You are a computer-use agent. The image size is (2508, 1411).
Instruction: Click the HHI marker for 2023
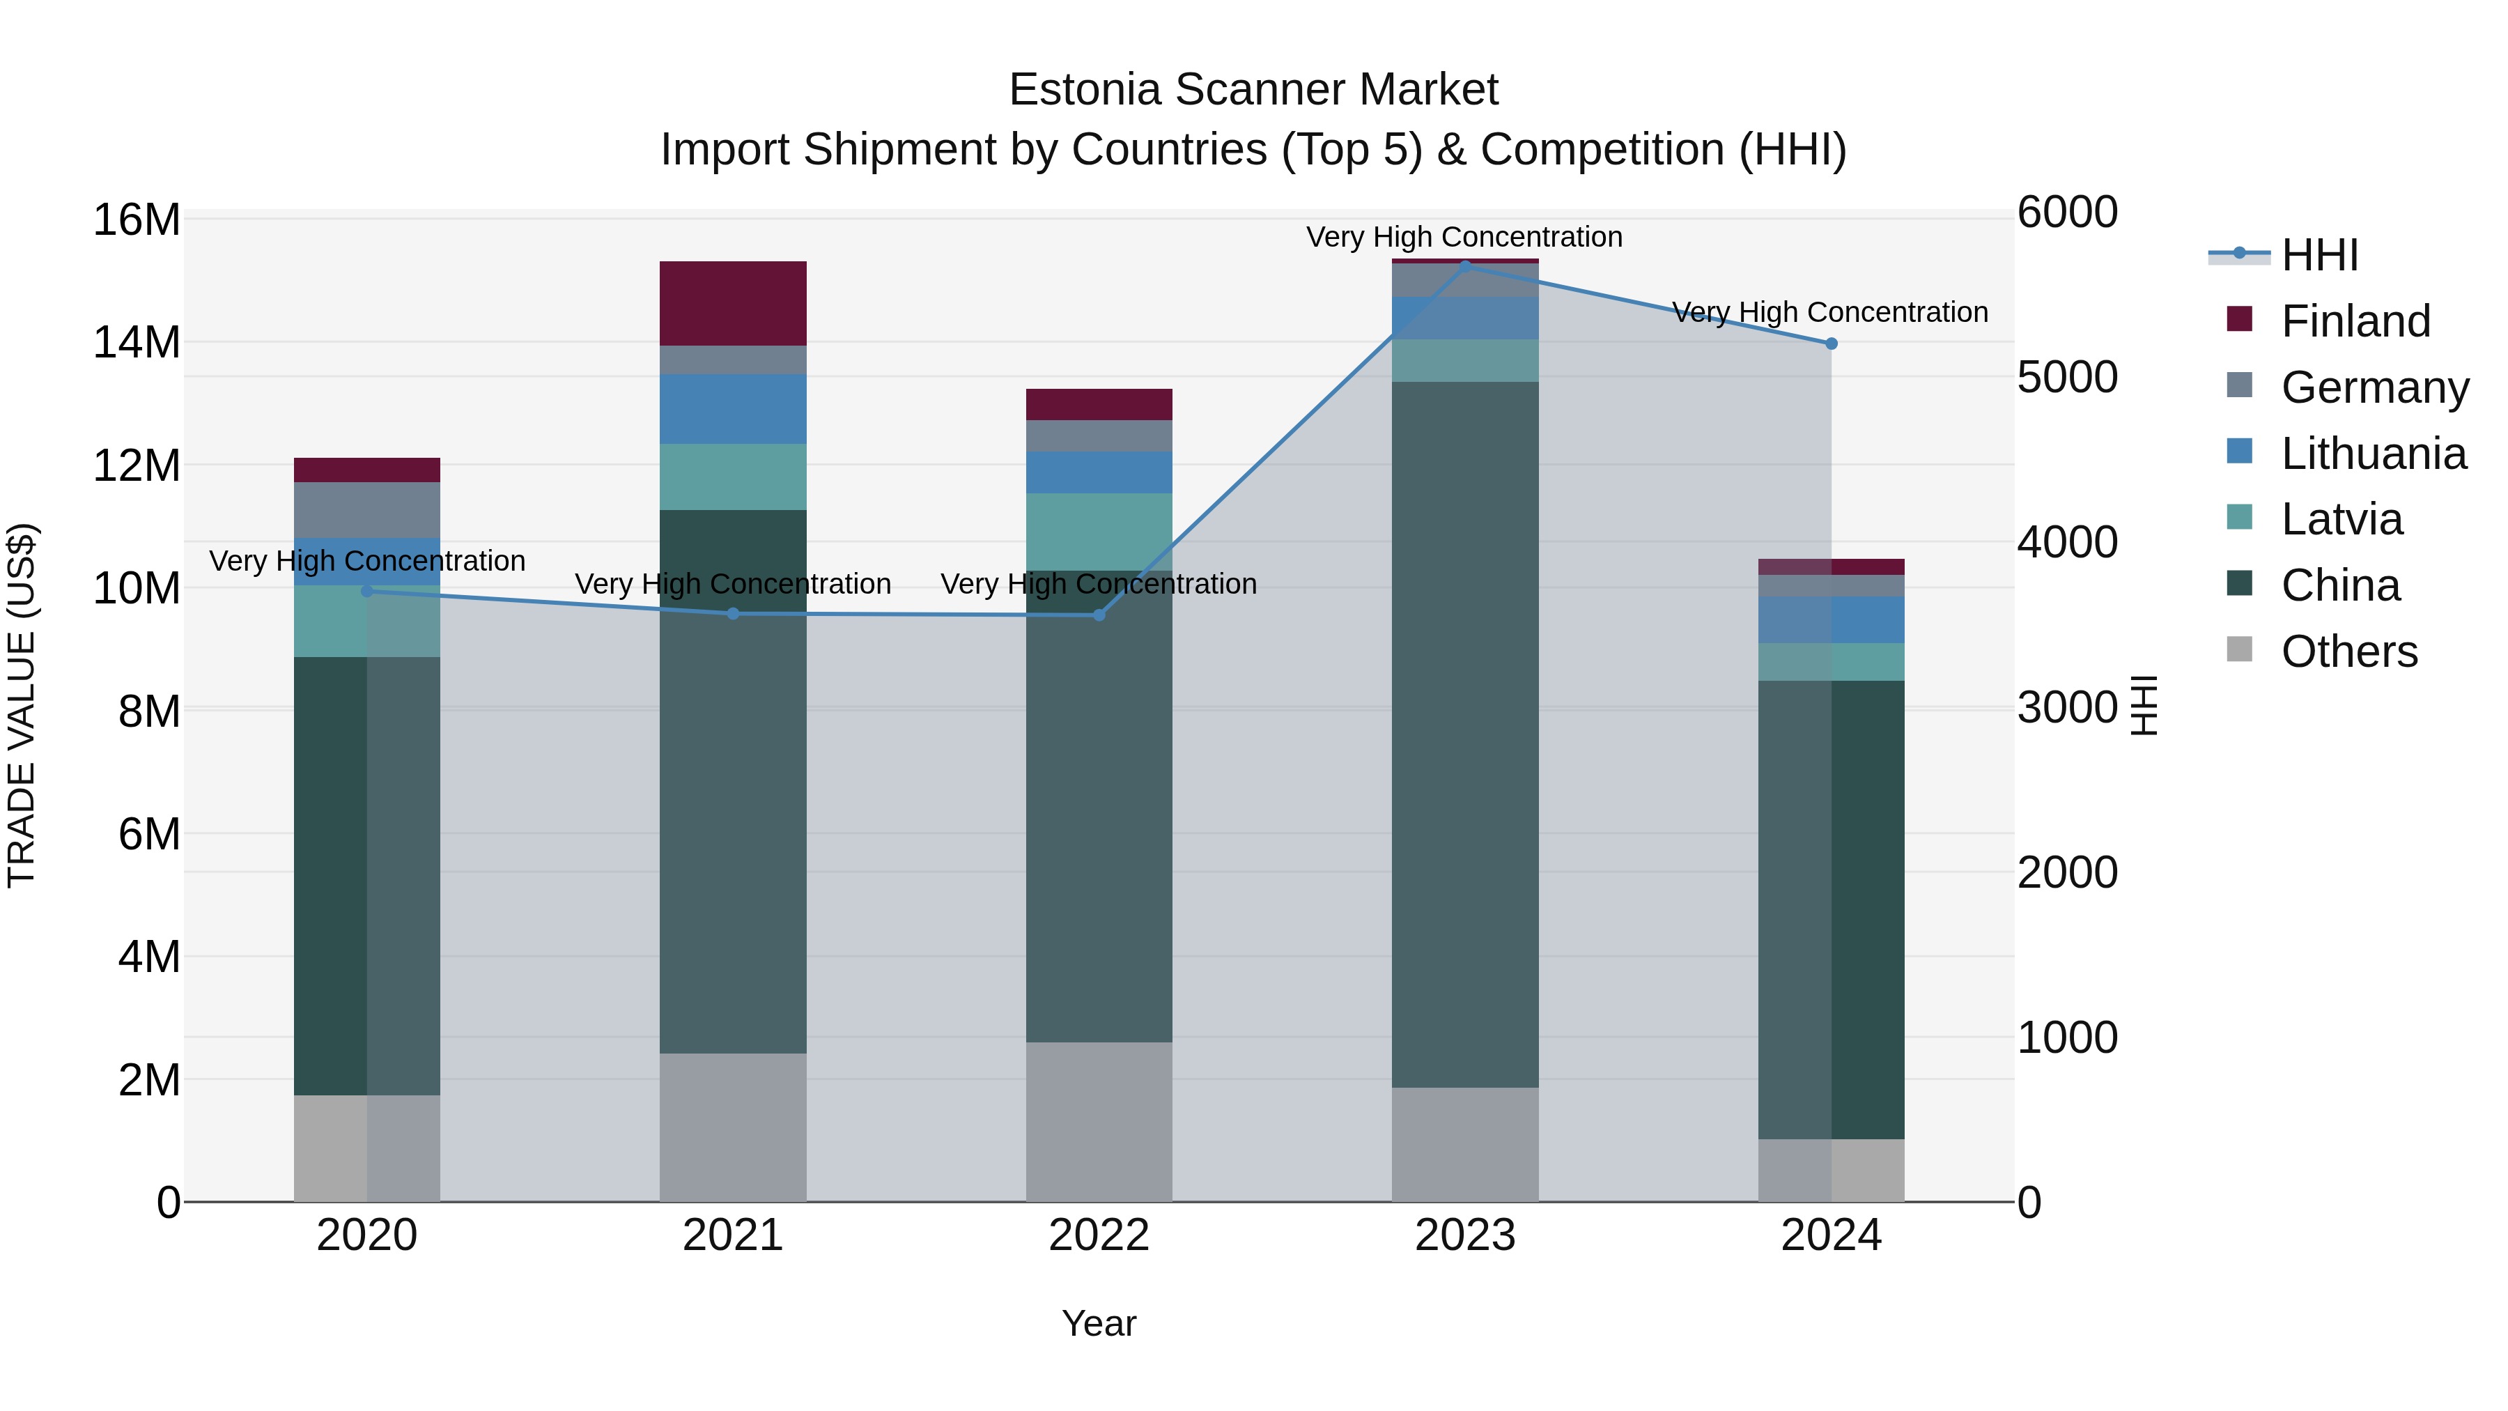click(x=1465, y=266)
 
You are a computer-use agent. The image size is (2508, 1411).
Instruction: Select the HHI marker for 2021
click(x=733, y=613)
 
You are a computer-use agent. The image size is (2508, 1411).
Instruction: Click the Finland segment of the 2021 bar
click(x=733, y=303)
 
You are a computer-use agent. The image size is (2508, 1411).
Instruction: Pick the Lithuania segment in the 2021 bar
click(x=733, y=409)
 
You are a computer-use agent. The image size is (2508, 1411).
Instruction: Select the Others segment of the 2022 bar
click(x=1099, y=1122)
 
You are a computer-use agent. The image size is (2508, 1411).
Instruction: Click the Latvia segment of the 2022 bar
click(x=1099, y=532)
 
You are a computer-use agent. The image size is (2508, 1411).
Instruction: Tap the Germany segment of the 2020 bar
click(x=367, y=509)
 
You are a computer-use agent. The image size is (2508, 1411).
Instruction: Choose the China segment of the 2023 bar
click(x=1465, y=734)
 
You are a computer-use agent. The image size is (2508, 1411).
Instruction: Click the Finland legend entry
click(x=2355, y=321)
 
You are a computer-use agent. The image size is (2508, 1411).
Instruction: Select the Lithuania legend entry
click(x=2373, y=454)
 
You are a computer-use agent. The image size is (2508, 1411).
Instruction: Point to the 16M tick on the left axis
click(x=137, y=220)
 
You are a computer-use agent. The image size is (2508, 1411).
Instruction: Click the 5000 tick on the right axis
click(x=2067, y=378)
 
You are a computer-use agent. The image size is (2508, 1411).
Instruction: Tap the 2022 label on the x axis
click(x=1099, y=1235)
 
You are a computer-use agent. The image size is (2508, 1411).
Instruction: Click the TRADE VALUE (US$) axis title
click(x=22, y=705)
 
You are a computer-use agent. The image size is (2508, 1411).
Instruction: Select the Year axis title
click(x=1099, y=1323)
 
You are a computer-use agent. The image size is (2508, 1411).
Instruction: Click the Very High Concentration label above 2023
click(x=1464, y=237)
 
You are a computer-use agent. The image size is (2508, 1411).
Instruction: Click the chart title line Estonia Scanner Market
click(x=1253, y=90)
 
